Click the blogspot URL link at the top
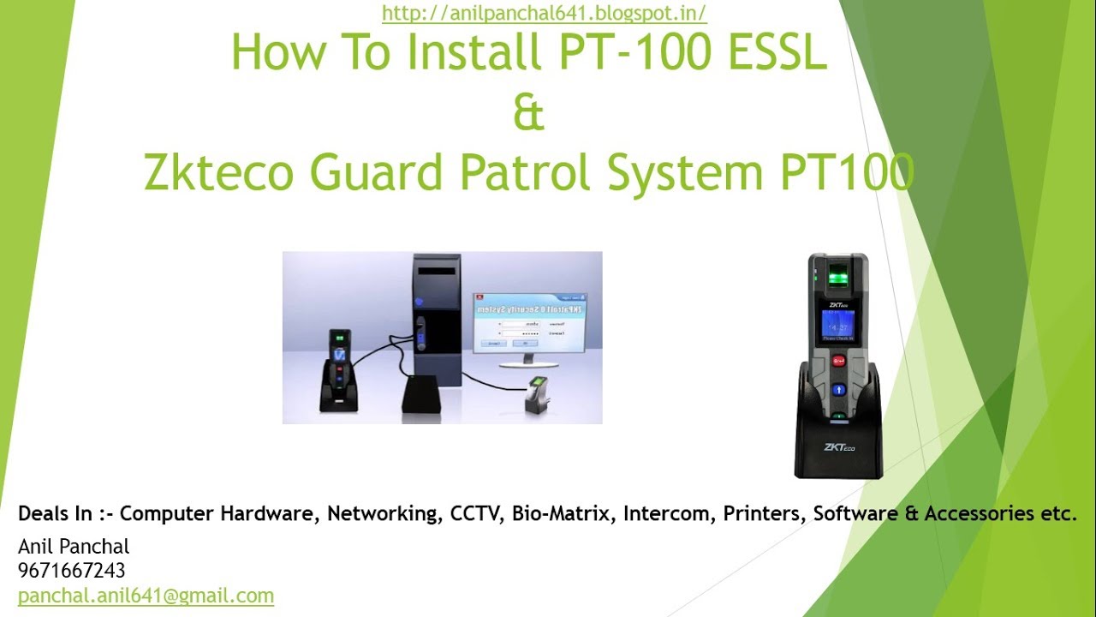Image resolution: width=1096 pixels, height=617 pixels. point(544,13)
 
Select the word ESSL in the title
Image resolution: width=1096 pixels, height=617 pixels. point(778,53)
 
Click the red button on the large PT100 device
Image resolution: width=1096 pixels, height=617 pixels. point(839,362)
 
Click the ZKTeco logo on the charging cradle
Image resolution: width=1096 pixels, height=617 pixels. point(839,446)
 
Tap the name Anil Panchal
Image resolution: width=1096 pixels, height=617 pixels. point(74,546)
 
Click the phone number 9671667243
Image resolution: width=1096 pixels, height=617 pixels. point(72,570)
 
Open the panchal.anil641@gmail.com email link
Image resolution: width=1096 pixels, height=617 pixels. point(146,595)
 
